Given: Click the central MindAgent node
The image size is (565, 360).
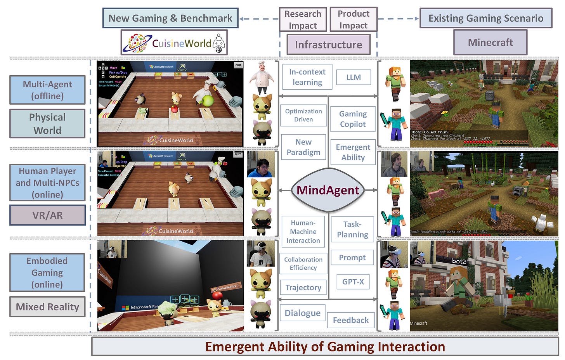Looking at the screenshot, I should (x=328, y=190).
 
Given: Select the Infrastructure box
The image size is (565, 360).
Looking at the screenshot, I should (x=328, y=45).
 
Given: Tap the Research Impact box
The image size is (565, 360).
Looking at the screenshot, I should (x=303, y=19).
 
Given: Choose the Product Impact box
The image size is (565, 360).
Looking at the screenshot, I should (x=353, y=19).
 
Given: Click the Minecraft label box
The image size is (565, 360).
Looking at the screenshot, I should (x=490, y=42).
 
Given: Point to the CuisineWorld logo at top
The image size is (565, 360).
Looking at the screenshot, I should (x=174, y=43).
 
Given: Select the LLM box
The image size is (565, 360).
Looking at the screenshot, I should (x=354, y=77).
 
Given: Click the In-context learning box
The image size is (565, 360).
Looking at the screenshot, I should (x=307, y=77).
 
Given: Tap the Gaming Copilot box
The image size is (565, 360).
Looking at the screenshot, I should (x=353, y=119).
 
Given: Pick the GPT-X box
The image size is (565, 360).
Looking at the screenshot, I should (x=353, y=282).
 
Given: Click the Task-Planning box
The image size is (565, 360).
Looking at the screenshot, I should (x=352, y=229).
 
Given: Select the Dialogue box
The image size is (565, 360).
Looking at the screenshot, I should (x=302, y=313).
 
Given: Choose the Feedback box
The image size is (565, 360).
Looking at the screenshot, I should (x=350, y=320).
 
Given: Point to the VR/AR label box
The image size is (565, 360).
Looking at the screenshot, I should (x=47, y=215).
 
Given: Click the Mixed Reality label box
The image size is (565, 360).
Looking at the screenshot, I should (x=47, y=307).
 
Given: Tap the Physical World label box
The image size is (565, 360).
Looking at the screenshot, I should (x=47, y=123).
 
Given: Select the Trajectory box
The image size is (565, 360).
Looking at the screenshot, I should (x=303, y=287).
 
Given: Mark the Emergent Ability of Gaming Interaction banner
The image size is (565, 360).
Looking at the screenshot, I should (x=325, y=346).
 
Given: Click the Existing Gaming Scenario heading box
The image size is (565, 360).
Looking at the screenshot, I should (x=486, y=18).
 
